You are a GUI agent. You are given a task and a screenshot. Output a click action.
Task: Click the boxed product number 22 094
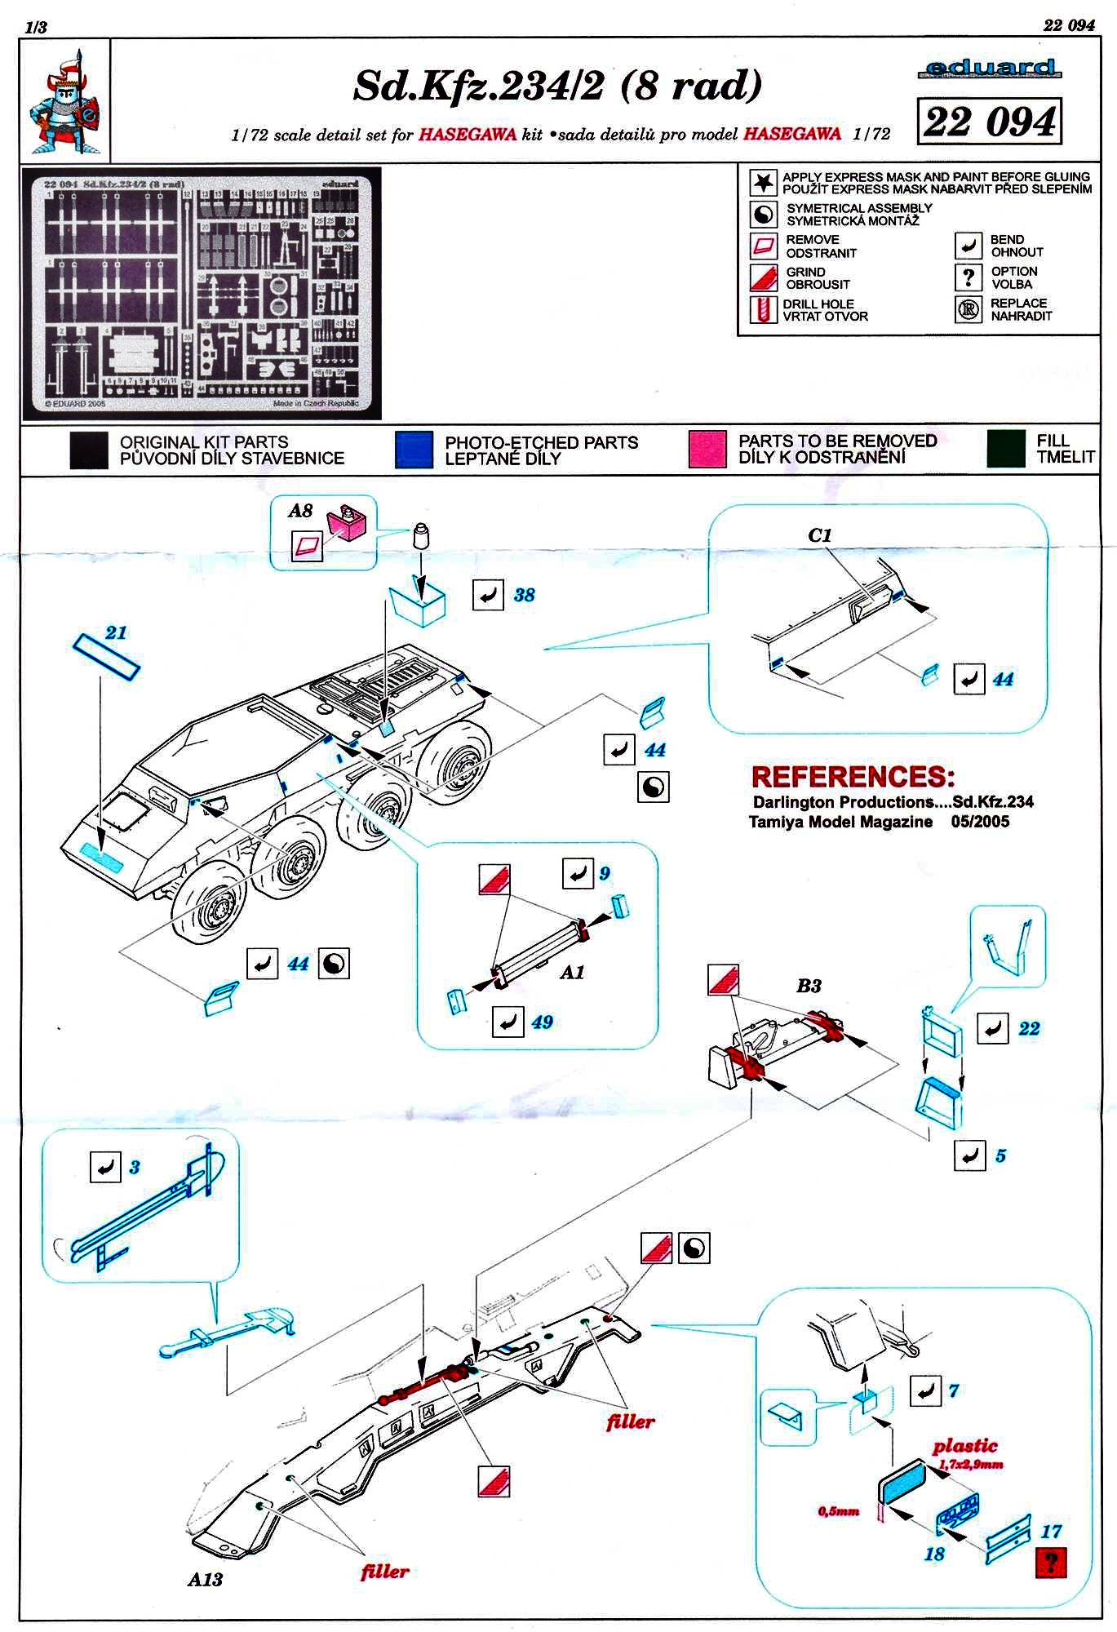990,122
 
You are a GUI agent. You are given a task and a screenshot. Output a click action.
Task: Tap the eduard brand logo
990,69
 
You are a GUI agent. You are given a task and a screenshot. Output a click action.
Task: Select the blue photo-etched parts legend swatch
414,450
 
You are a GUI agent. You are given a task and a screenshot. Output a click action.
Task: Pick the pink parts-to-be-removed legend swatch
707,450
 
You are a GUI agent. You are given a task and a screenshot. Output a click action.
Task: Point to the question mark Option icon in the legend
968,277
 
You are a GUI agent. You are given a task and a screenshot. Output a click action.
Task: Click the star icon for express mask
763,182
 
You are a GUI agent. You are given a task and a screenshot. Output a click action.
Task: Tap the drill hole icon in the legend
763,310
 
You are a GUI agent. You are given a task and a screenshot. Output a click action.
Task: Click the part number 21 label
116,632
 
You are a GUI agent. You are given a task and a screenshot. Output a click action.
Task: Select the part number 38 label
524,595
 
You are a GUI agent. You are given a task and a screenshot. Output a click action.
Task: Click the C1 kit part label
819,535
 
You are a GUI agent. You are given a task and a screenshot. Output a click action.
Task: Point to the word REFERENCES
853,776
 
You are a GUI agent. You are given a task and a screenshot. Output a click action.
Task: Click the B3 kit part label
808,986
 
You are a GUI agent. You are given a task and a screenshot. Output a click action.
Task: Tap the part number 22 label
1029,1028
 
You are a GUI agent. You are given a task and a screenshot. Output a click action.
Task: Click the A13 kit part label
205,1579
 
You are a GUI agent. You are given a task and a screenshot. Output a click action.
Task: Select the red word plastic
965,1446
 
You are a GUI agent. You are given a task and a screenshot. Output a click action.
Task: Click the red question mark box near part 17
1051,1563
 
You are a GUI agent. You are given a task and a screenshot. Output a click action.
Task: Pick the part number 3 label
134,1168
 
